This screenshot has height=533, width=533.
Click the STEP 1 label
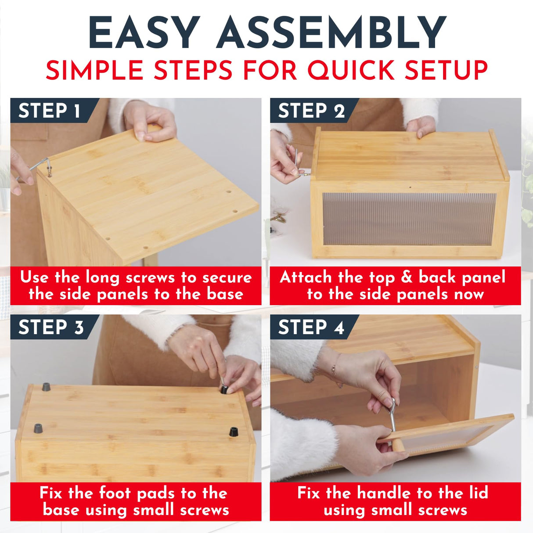pyautogui.click(x=49, y=111)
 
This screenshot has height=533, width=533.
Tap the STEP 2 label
pyautogui.click(x=311, y=111)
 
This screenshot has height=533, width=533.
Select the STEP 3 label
pyautogui.click(x=51, y=327)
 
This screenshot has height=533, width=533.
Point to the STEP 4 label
pyautogui.click(x=311, y=327)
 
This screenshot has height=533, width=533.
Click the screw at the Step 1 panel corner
pyautogui.click(x=50, y=171)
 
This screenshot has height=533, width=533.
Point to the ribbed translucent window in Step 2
pyautogui.click(x=409, y=219)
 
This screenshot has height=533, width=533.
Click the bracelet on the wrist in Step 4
pyautogui.click(x=335, y=364)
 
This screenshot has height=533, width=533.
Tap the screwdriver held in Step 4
pyautogui.click(x=393, y=414)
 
